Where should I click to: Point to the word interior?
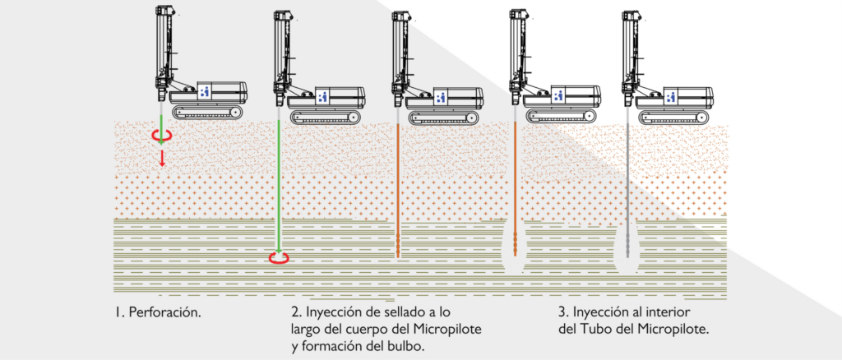tap(665, 313)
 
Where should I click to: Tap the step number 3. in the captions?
tap(562, 313)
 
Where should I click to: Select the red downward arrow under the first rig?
tap(163, 157)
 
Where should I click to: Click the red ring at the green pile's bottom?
tap(280, 258)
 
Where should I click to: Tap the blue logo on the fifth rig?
tap(672, 95)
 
